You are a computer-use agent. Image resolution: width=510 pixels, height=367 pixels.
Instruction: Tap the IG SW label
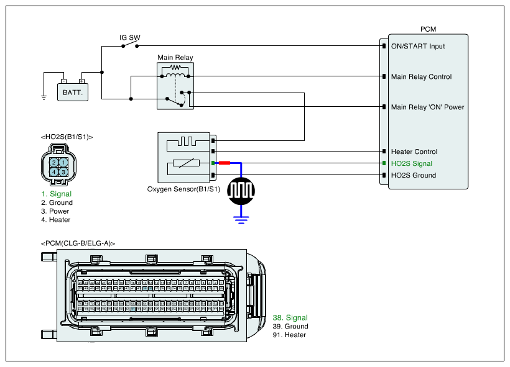click(x=130, y=38)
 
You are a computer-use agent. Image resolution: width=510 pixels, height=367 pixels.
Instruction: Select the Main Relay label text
click(x=175, y=58)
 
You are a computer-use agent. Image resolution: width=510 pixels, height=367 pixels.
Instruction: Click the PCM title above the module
click(x=428, y=29)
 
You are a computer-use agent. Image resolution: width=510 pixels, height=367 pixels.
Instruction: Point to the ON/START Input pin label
click(x=418, y=46)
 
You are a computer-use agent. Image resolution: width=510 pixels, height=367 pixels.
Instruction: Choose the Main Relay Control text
click(x=421, y=77)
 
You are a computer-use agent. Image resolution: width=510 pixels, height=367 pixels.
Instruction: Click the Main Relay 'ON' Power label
click(x=427, y=107)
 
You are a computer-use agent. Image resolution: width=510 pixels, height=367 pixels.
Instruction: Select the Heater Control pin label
click(x=414, y=152)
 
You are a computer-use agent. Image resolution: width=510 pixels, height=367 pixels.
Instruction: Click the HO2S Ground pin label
click(x=413, y=175)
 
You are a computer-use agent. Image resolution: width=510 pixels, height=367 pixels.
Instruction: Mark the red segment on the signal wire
click(x=224, y=163)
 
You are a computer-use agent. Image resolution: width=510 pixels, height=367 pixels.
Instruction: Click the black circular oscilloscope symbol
click(x=241, y=191)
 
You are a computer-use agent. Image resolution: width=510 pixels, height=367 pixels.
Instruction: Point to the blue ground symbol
click(x=241, y=217)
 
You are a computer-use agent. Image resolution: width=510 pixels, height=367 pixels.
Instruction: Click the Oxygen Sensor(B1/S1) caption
click(x=183, y=189)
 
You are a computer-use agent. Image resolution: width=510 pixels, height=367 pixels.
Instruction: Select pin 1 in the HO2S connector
click(x=63, y=163)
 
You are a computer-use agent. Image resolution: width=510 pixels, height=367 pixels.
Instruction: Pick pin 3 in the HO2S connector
click(x=63, y=171)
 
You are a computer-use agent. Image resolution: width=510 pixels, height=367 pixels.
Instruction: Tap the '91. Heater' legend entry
click(x=289, y=335)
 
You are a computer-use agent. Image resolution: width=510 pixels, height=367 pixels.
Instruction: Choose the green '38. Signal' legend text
click(x=290, y=318)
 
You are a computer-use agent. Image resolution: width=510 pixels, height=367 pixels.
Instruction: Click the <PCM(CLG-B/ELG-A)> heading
click(x=78, y=243)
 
